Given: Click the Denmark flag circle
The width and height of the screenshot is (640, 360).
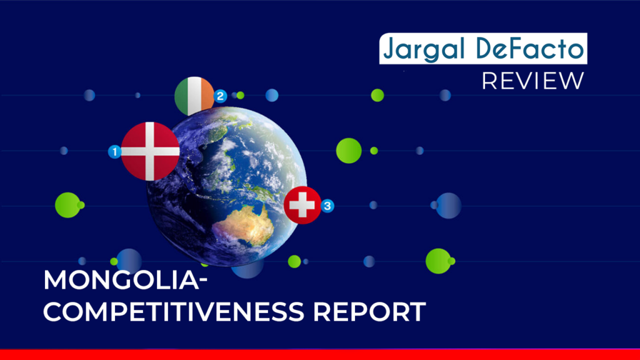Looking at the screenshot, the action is click(x=150, y=151).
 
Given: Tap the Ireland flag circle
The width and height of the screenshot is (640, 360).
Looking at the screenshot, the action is click(x=194, y=96).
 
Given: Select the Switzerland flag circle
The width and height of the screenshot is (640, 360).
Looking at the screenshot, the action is click(x=302, y=205).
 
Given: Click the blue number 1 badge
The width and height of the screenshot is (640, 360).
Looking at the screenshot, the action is click(x=115, y=152).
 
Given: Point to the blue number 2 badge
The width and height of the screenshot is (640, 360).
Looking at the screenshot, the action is click(x=221, y=96).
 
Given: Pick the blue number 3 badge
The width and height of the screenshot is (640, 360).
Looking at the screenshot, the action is click(x=327, y=206).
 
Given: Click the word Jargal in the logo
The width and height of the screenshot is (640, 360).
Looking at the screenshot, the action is click(x=424, y=49).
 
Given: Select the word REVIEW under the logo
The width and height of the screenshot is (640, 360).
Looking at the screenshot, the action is click(x=533, y=81).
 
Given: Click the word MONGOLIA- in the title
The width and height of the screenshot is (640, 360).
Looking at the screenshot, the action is click(x=125, y=280).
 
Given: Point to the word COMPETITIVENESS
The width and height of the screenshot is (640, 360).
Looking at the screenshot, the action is click(x=174, y=312).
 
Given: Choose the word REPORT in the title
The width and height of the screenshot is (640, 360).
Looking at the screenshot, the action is click(x=369, y=312).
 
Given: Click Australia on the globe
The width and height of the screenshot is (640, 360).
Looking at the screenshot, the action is click(x=245, y=225).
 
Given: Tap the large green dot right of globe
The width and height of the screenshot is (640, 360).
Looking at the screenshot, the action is click(x=349, y=151).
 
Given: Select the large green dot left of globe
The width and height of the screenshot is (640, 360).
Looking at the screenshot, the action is click(x=67, y=205).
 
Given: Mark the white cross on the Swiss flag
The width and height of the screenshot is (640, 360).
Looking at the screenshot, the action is click(x=302, y=205).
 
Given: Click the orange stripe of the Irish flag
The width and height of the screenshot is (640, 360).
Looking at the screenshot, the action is click(x=207, y=96).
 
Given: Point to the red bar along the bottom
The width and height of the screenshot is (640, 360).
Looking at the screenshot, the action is click(x=320, y=354).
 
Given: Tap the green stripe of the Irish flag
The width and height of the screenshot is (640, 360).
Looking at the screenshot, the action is click(x=181, y=96).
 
